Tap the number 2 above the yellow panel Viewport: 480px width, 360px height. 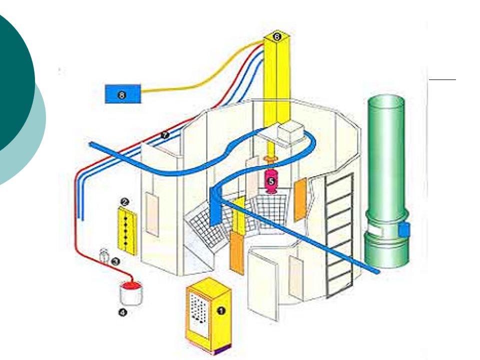click(125, 202)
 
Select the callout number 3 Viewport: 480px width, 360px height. click(115, 261)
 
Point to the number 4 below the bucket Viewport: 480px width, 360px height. click(122, 313)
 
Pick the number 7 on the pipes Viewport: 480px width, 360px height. click(165, 135)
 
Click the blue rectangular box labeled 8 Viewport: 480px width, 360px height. click(123, 94)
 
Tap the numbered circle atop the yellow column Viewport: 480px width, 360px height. click(278, 36)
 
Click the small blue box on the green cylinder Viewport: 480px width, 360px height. click(404, 230)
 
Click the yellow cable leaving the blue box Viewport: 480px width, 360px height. click(200, 80)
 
